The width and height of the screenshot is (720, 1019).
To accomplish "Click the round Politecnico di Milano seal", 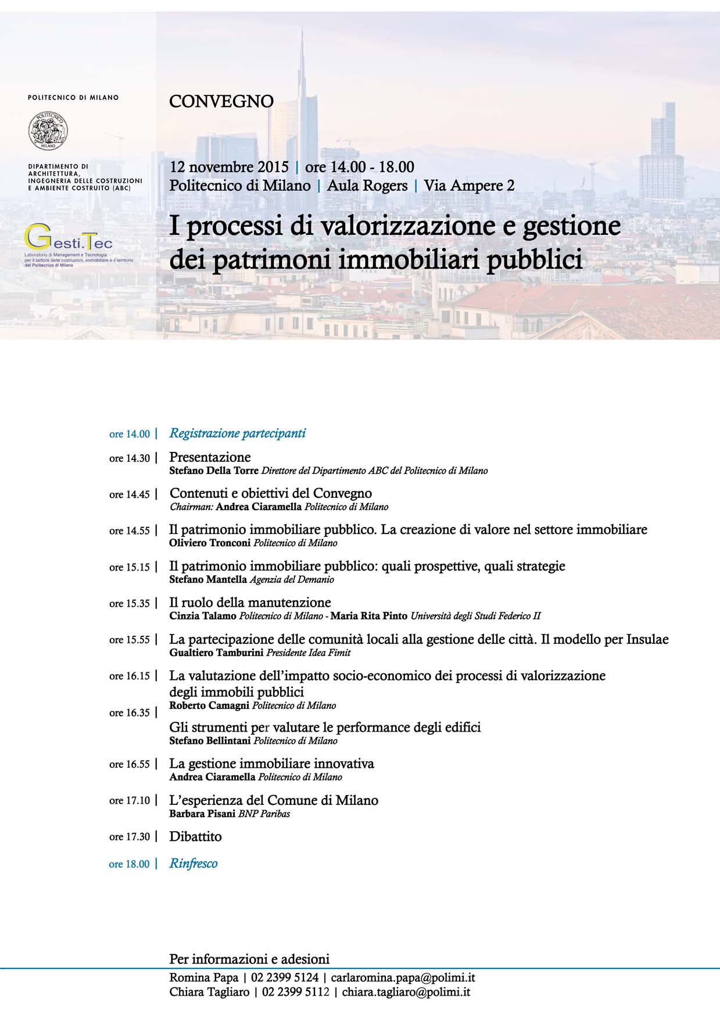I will pyautogui.click(x=48, y=130).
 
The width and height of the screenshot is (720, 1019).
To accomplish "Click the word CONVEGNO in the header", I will pyautogui.click(x=221, y=101).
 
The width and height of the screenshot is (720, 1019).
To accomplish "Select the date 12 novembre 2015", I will pyautogui.click(x=229, y=167).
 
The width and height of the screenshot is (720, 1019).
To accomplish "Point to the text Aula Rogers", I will pyautogui.click(x=367, y=186).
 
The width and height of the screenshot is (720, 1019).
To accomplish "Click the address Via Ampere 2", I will pyautogui.click(x=469, y=186).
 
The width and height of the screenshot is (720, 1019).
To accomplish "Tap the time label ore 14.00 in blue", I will pyautogui.click(x=130, y=434).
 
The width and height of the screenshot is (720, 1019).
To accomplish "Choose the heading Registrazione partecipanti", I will pyautogui.click(x=237, y=433).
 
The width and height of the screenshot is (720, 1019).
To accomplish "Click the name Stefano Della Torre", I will pyautogui.click(x=214, y=471).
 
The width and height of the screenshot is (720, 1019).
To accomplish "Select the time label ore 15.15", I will pyautogui.click(x=130, y=567).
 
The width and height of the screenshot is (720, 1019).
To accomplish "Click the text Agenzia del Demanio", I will pyautogui.click(x=292, y=579).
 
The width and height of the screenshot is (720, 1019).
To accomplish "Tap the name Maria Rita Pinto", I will pyautogui.click(x=369, y=615).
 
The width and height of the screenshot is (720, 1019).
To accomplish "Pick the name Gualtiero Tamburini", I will pyautogui.click(x=216, y=652).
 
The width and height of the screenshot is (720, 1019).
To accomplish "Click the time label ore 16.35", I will pyautogui.click(x=130, y=712).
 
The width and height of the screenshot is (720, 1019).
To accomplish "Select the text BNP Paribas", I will pyautogui.click(x=264, y=814).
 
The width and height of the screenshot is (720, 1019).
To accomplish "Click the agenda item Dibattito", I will pyautogui.click(x=195, y=836).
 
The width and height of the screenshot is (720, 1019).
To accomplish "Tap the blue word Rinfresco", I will pyautogui.click(x=194, y=864).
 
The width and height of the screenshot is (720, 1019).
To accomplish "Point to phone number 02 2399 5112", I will pyautogui.click(x=296, y=992).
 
